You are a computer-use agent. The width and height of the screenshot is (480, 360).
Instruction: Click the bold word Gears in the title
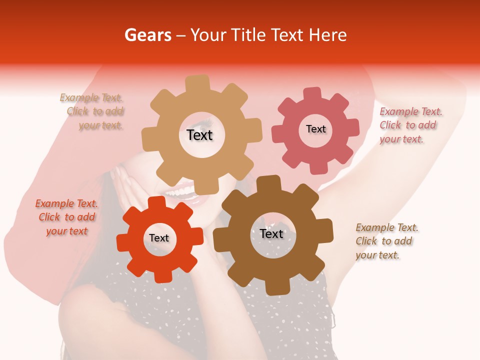point(147,35)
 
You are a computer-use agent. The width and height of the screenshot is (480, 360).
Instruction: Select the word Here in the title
point(327,35)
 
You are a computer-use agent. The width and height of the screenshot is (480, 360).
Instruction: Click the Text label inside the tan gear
point(199,135)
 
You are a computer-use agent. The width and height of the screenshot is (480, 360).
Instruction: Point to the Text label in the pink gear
point(315,129)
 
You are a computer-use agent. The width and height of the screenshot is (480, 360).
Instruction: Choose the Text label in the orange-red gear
point(159,238)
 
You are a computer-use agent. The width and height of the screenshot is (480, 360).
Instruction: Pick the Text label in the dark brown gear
point(271,233)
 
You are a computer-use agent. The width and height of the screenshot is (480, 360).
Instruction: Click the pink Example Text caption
point(409,125)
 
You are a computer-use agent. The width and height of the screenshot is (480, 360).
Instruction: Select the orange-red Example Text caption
point(66,217)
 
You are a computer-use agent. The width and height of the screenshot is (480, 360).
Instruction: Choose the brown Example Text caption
point(385,241)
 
